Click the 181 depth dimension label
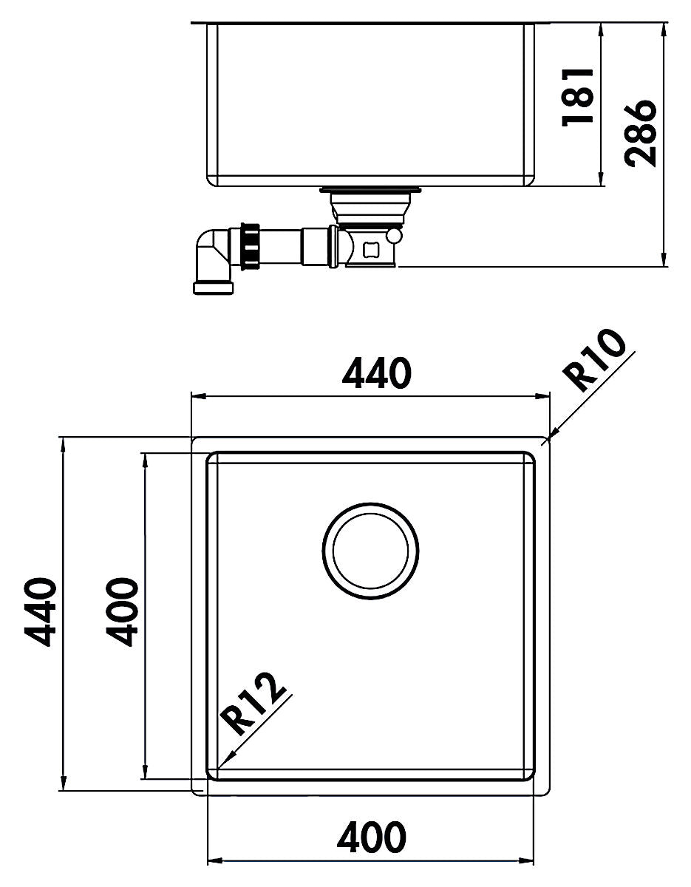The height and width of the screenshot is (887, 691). (x=578, y=97)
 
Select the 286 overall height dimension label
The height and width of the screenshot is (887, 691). (x=641, y=134)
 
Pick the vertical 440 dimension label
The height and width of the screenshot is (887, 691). (x=40, y=612)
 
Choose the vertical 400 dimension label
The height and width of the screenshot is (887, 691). (x=122, y=612)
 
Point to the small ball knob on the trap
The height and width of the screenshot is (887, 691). (x=395, y=236)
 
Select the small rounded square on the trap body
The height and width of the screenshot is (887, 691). (x=370, y=249)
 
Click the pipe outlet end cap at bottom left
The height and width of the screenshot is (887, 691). (x=214, y=287)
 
